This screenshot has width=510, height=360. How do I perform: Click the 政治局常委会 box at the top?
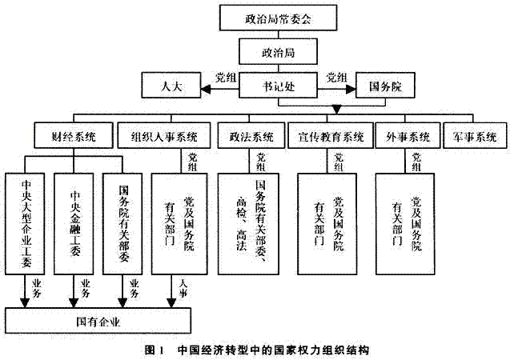click(x=279, y=17)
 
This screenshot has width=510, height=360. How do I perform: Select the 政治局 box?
click(x=278, y=51)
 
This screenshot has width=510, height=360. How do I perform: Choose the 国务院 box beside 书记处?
click(x=384, y=84)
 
